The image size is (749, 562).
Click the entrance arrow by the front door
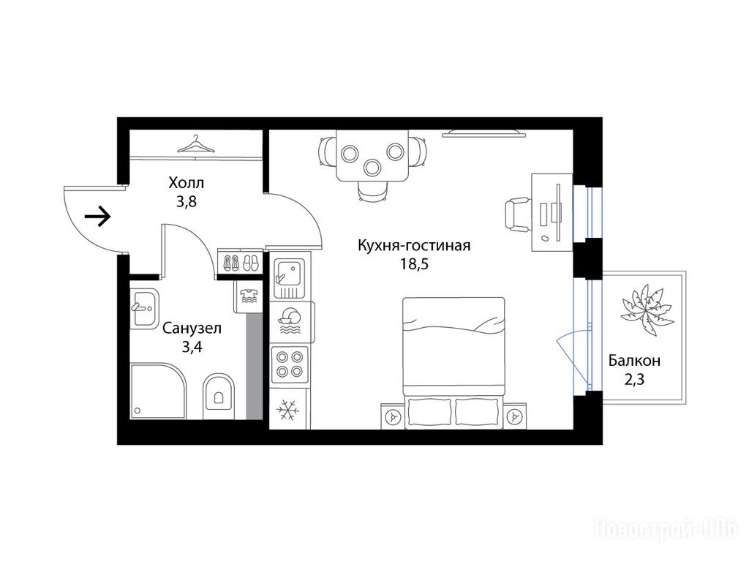click(x=98, y=217)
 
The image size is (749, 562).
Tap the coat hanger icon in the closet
click(x=196, y=144)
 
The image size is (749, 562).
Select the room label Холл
click(x=187, y=182)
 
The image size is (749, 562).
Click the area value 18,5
click(x=414, y=263)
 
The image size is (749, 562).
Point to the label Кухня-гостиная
click(x=414, y=246)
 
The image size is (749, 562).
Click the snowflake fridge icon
click(x=288, y=410)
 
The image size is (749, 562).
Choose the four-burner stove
click(x=290, y=364)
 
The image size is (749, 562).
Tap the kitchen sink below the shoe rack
click(x=289, y=278)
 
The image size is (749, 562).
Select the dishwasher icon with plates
click(x=290, y=322)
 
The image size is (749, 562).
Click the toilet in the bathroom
click(x=219, y=396)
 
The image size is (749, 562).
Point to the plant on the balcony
click(x=647, y=310)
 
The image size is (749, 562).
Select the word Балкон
click(x=634, y=360)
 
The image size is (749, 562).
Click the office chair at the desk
click(x=518, y=216)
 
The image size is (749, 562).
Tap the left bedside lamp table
click(x=393, y=416)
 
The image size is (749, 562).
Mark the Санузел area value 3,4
click(x=192, y=347)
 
